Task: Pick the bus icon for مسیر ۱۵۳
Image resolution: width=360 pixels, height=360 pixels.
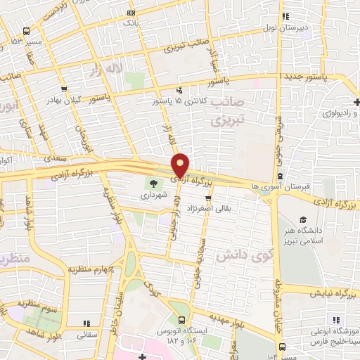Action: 27,32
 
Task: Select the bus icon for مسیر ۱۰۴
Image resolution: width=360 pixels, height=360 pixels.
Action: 282,347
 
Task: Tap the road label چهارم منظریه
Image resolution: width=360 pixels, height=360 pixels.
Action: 87,271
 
